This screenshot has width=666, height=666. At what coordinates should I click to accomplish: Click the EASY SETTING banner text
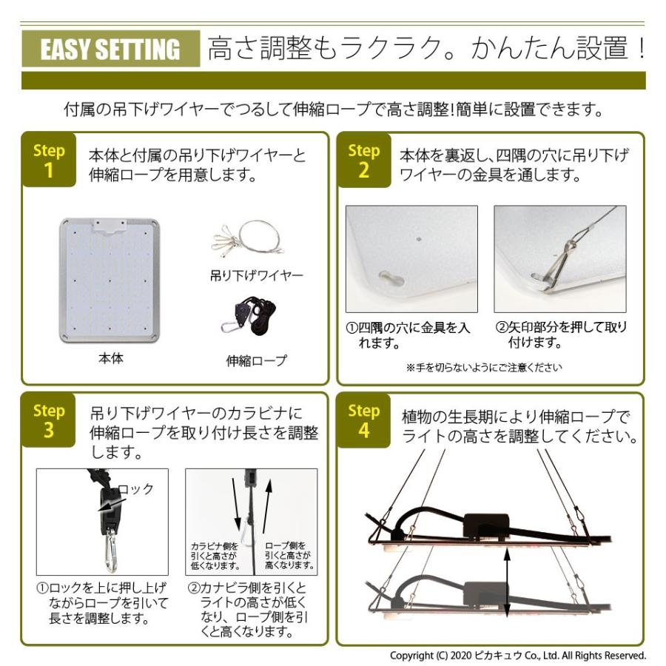pos(110,50)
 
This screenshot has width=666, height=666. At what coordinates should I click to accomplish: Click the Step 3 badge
pos(49,420)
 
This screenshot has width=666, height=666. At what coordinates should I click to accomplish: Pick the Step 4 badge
pos(363,420)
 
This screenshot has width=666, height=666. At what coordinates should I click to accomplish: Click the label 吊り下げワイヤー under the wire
pos(256,276)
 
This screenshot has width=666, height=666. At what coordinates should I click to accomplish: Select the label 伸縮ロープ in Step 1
pos(256,362)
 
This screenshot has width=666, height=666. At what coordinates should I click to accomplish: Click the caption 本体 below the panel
pos(110,359)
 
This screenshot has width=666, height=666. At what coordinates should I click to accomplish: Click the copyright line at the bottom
pos(518,656)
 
